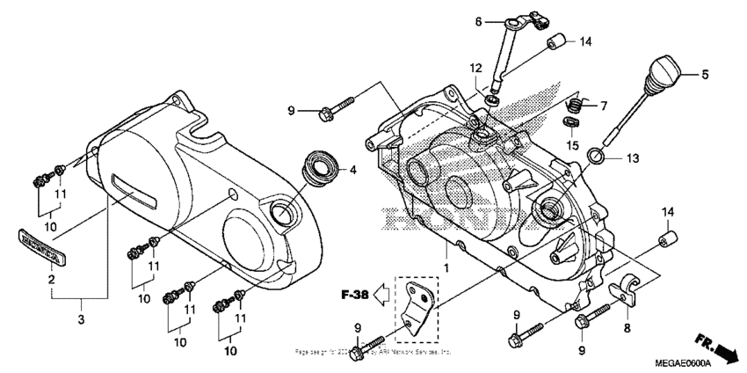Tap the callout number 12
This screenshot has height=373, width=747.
pos(475,69)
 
